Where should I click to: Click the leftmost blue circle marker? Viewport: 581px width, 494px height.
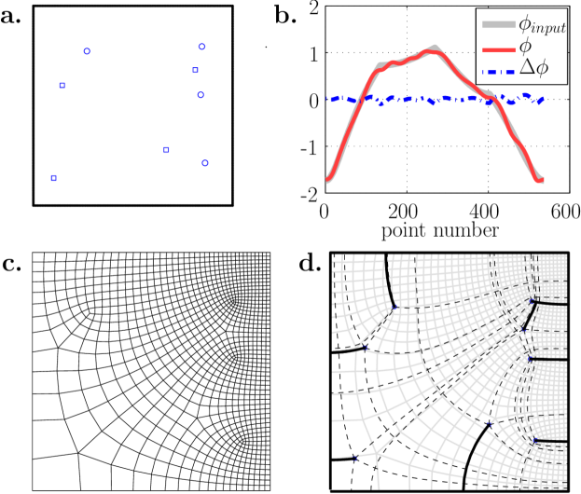click(87, 51)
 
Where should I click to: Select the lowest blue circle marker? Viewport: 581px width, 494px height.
click(204, 163)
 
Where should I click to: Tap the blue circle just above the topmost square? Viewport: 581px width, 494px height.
click(201, 46)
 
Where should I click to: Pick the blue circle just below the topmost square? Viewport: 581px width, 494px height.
click(201, 94)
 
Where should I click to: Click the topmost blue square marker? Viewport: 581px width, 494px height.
click(195, 70)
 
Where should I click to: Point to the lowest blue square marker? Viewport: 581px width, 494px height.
click(53, 178)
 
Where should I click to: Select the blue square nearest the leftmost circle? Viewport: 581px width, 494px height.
click(62, 85)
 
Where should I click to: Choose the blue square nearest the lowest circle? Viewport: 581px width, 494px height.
click(166, 149)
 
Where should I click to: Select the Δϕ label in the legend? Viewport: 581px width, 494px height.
click(533, 68)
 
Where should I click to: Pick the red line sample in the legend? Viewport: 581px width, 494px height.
click(498, 47)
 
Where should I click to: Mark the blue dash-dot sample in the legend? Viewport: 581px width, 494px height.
click(498, 68)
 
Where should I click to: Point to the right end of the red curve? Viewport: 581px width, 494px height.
click(543, 179)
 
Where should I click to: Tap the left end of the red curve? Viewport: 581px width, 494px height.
click(327, 180)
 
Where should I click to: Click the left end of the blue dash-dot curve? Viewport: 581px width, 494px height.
click(327, 98)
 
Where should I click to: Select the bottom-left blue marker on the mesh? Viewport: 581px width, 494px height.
click(354, 458)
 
